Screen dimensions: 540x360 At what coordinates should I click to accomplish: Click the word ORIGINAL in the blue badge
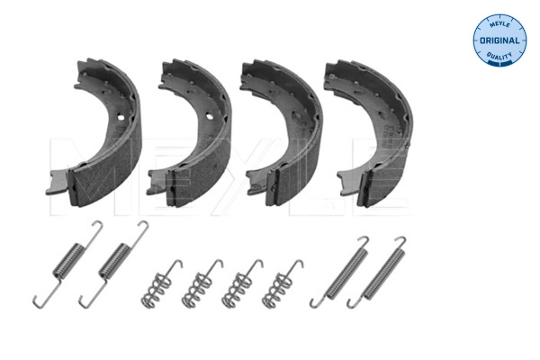499,40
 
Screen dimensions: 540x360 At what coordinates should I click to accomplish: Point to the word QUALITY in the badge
499,56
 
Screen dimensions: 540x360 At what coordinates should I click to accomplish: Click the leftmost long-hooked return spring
67,264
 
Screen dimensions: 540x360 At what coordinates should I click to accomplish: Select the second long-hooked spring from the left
114,264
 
